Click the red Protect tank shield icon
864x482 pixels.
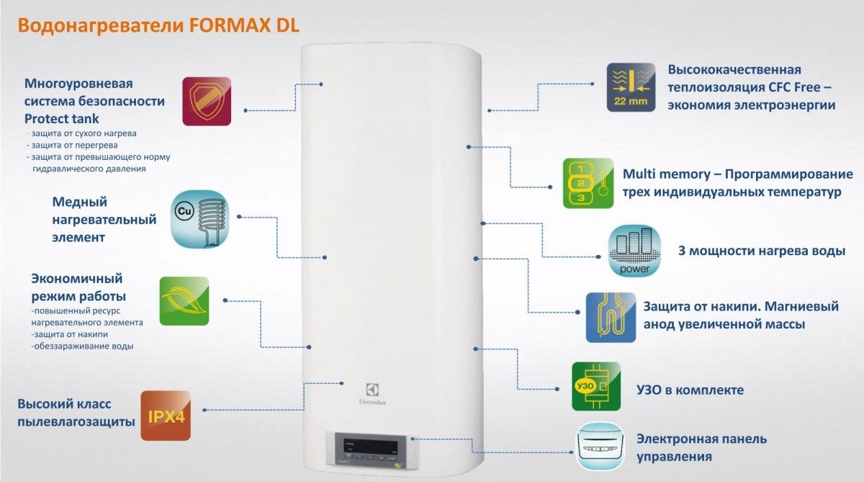coord(207,101)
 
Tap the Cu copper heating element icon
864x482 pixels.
coord(199,220)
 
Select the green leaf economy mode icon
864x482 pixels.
coord(184,300)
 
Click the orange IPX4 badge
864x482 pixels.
coord(166,416)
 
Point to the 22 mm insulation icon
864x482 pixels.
coord(631,86)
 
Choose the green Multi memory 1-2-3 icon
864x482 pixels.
coord(588,183)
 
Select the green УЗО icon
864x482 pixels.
coord(595,387)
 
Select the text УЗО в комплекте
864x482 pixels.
coord(689,390)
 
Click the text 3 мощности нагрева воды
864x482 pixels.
coord(762,251)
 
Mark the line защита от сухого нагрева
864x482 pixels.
coord(81,134)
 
